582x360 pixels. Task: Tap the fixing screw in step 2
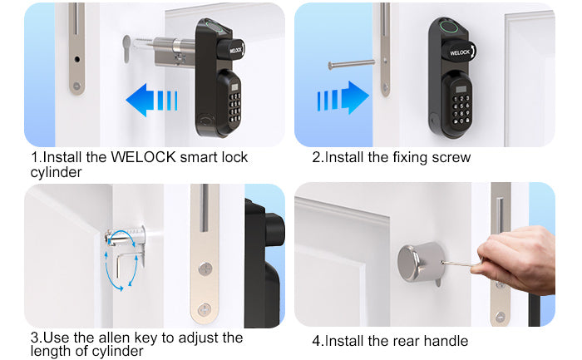point(351,65)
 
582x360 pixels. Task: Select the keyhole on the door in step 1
point(126,48)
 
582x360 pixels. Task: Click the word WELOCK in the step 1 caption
point(143,157)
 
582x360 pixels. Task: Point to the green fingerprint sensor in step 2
point(447,27)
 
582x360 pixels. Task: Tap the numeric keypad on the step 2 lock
point(461,109)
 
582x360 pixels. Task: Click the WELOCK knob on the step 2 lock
point(461,52)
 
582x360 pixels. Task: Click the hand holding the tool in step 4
point(516,259)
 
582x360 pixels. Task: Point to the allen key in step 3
point(127,263)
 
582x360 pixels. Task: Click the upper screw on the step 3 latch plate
point(205,269)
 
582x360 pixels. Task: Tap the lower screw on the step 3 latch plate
point(205,309)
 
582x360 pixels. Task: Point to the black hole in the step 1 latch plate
point(76,59)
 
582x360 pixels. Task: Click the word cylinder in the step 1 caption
point(56,173)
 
